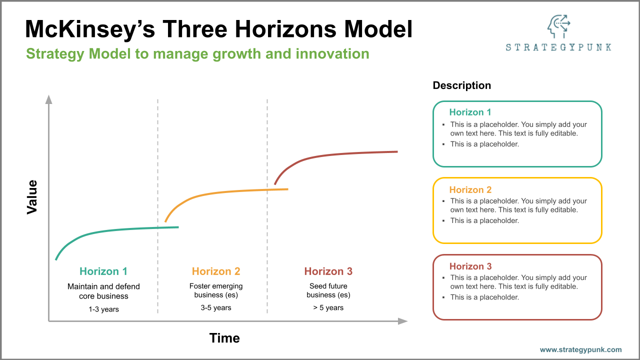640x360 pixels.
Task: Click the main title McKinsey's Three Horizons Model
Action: [218, 29]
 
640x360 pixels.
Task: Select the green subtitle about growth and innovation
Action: [197, 53]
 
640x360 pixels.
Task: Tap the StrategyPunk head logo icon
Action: [558, 26]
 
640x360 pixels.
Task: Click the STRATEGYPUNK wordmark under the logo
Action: [558, 47]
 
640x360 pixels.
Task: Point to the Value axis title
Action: [32, 197]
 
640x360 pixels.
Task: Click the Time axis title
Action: [224, 338]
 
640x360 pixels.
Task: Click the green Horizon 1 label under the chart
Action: [103, 271]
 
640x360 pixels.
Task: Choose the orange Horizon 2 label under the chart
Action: [216, 271]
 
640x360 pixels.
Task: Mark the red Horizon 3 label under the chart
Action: [328, 271]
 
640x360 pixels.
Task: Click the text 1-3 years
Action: [103, 309]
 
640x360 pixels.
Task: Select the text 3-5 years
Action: [216, 308]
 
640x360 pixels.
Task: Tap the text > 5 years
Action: [328, 308]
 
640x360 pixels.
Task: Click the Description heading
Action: [461, 85]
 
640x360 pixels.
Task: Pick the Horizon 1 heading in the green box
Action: [470, 112]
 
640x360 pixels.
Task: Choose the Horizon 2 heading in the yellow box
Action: [470, 190]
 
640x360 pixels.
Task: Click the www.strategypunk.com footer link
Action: [580, 350]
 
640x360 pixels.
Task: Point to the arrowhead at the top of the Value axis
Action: [48, 99]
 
